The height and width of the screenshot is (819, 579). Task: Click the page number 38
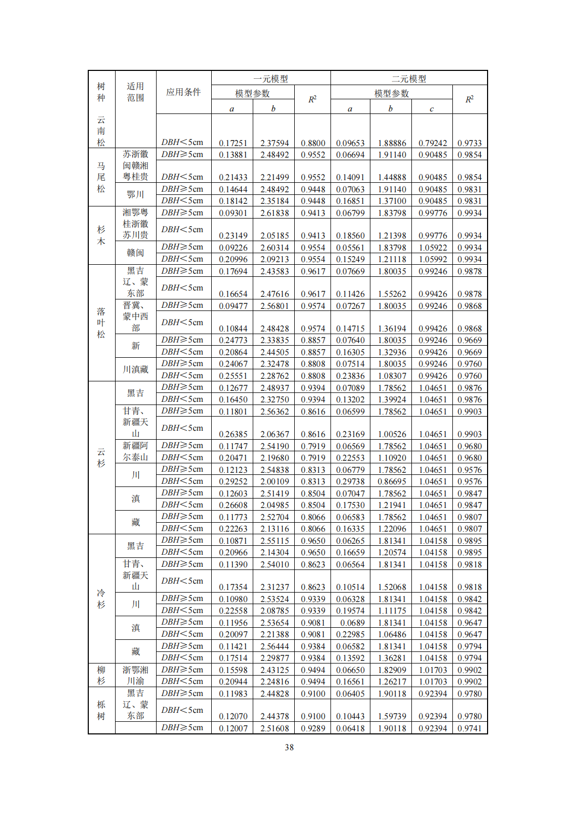click(289, 747)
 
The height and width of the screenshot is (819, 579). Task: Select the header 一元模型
click(271, 79)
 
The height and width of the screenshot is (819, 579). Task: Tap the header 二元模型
click(409, 79)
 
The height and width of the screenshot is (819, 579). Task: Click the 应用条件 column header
click(183, 92)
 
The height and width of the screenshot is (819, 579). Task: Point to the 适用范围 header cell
click(135, 92)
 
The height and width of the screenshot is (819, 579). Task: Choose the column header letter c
click(431, 109)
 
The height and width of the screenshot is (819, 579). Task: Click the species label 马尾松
click(101, 177)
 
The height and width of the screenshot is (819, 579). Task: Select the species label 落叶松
click(101, 323)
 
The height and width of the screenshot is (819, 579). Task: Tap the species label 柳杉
click(101, 675)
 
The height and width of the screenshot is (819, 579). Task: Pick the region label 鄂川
click(135, 194)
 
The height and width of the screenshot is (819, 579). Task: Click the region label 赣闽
click(135, 253)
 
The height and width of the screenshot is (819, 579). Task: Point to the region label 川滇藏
click(135, 369)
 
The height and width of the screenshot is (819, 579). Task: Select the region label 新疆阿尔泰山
click(135, 451)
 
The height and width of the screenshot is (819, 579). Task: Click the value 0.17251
click(233, 143)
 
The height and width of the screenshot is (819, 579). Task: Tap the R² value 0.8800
click(313, 143)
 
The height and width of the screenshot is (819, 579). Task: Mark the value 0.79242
click(432, 143)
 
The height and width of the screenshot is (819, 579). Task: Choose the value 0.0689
click(352, 623)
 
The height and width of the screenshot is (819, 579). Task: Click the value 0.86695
click(391, 481)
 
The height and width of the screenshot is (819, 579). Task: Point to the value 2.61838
click(274, 213)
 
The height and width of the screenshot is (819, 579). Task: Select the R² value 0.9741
click(469, 728)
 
